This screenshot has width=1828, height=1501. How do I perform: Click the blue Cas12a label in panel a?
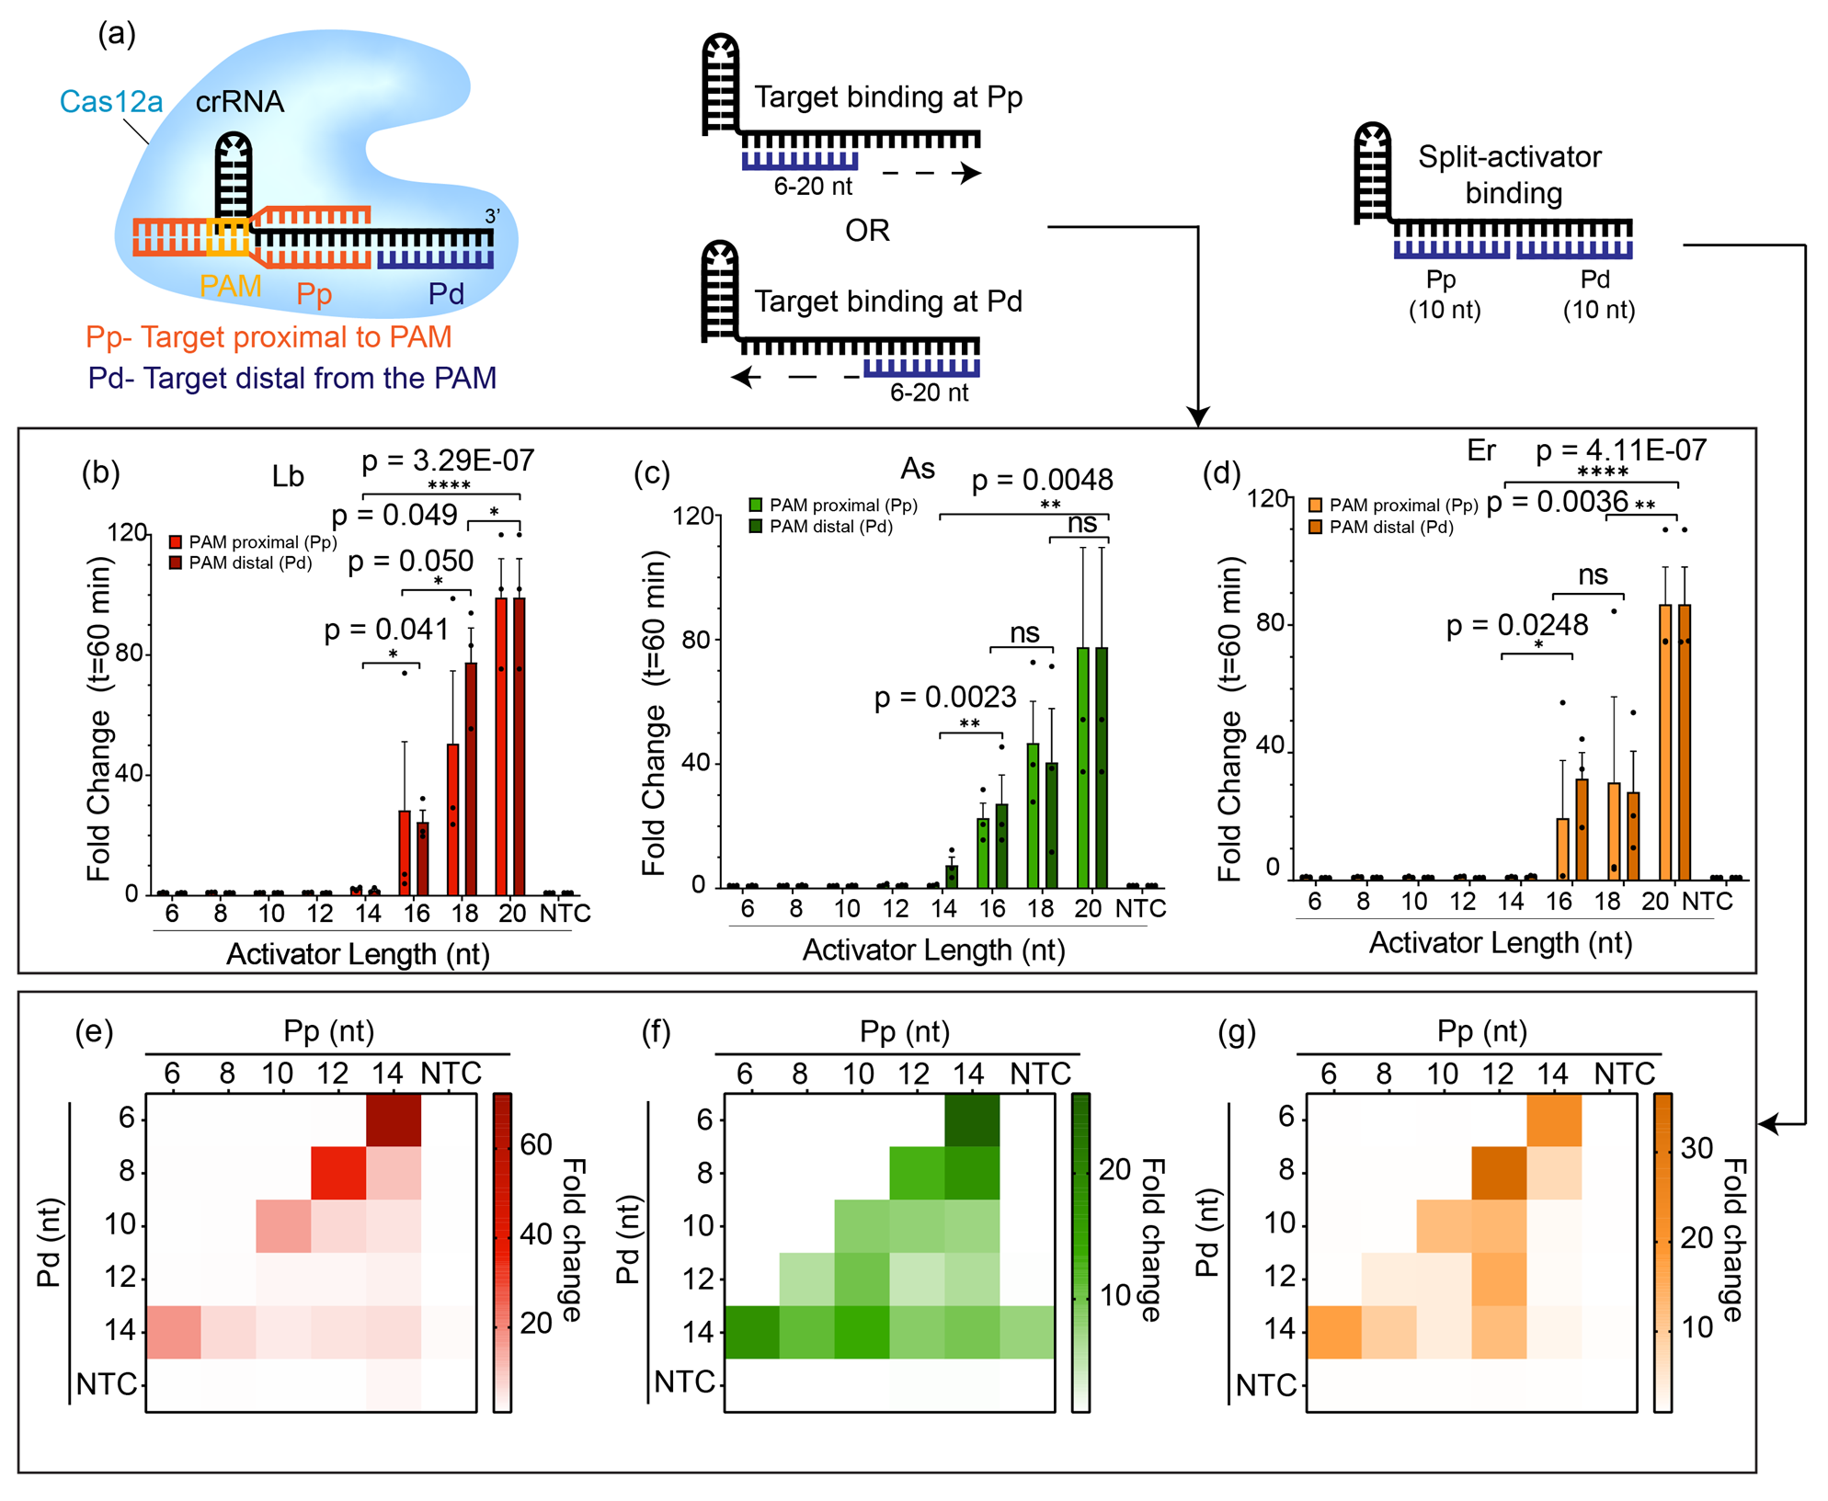tap(111, 101)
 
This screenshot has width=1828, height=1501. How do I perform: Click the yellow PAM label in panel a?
tap(230, 287)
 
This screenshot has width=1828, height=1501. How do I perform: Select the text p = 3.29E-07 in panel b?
tap(448, 461)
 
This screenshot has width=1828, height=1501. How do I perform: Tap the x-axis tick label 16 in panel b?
tap(417, 913)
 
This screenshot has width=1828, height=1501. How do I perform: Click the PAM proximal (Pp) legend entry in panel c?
tap(833, 506)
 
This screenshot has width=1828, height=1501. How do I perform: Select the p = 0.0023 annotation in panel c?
tap(945, 698)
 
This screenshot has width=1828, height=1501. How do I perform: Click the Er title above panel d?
tap(1481, 450)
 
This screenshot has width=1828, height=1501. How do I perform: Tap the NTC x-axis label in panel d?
tap(1707, 902)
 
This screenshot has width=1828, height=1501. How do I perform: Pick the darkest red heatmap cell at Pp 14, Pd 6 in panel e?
tap(394, 1119)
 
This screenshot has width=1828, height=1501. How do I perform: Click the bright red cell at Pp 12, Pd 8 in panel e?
tap(338, 1172)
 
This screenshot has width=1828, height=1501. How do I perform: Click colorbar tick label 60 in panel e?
tap(536, 1144)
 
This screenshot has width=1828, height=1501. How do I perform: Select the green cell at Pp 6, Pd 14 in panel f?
tap(751, 1332)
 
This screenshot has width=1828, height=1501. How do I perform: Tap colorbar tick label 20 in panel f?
tap(1115, 1169)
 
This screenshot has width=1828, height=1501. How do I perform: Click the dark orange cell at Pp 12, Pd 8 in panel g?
tap(1499, 1172)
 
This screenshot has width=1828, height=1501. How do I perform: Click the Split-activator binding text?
tap(1511, 175)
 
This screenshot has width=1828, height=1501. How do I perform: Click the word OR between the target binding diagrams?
tap(867, 230)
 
